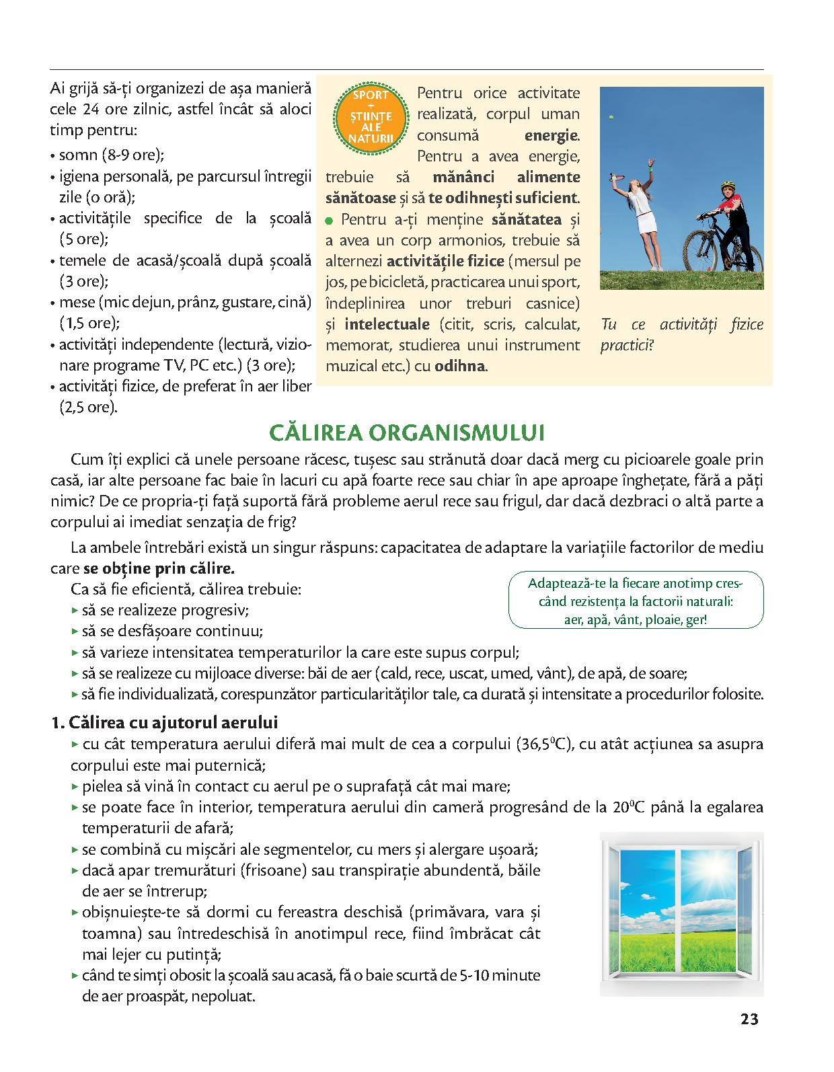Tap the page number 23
click(749, 1019)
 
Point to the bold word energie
click(551, 135)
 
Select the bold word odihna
click(461, 367)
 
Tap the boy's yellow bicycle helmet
click(728, 185)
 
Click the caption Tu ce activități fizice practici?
click(681, 335)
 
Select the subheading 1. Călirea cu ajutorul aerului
click(164, 723)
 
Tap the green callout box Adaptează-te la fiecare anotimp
click(636, 601)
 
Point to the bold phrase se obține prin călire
click(159, 568)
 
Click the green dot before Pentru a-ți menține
click(330, 220)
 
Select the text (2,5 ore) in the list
click(87, 408)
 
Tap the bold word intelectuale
click(387, 325)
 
